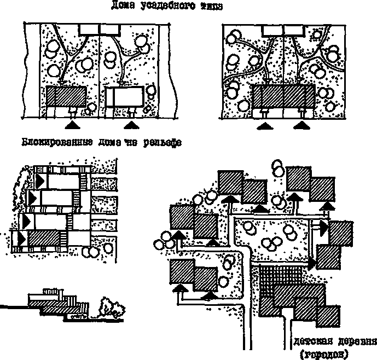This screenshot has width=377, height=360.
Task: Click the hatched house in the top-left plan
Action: click(65, 97)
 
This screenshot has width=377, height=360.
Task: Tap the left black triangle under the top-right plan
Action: click(264, 126)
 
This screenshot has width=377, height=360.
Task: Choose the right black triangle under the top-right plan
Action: click(302, 126)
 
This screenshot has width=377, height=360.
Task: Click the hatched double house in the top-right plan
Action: click(283, 97)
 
